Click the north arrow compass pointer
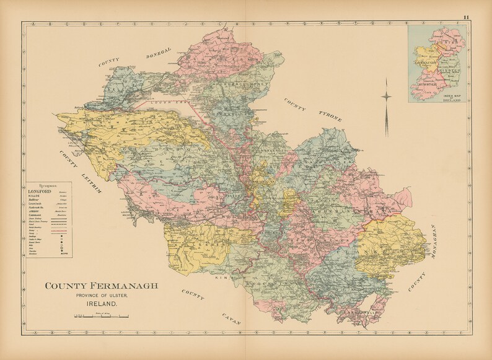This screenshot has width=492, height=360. pyautogui.click(x=387, y=96)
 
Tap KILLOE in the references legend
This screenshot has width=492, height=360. pyautogui.click(x=36, y=198)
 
